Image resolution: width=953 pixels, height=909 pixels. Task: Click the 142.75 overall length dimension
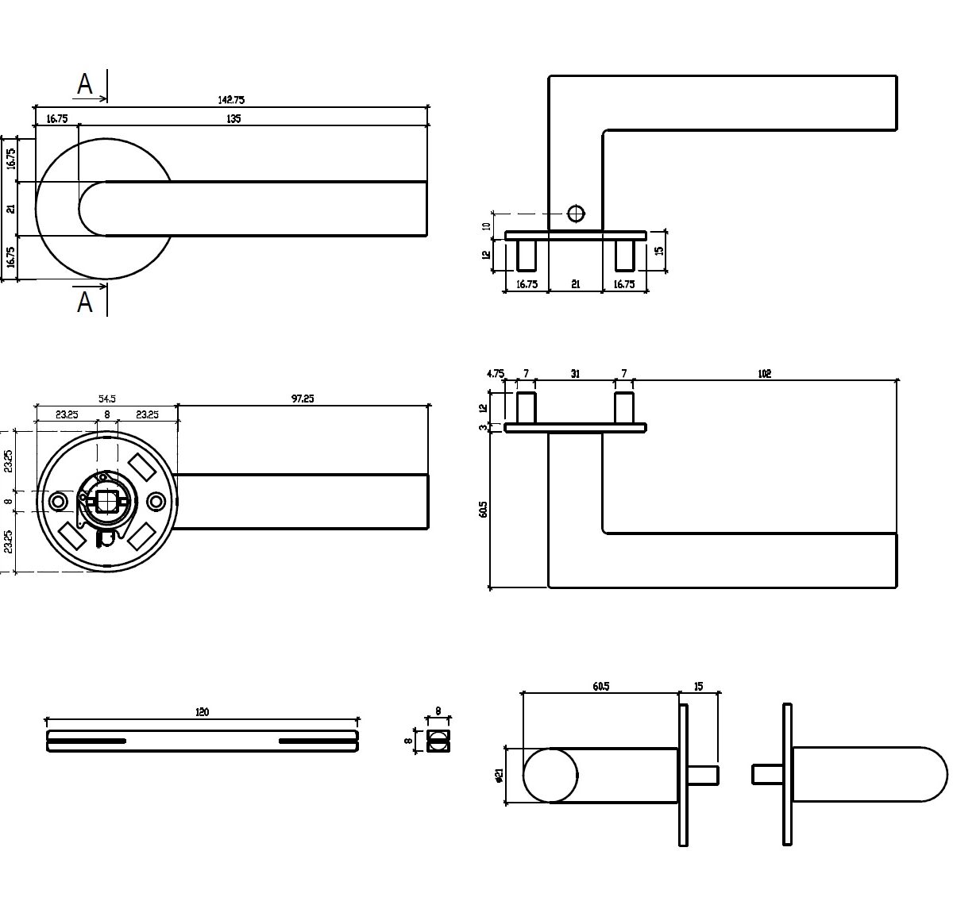point(231,100)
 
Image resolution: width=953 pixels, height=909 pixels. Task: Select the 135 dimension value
point(233,119)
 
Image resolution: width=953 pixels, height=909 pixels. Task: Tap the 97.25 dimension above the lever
point(303,399)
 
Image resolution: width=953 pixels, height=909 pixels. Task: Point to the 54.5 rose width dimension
point(106,399)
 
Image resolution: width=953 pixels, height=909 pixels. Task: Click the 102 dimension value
point(764,374)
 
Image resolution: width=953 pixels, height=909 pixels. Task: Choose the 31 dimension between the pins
point(575,374)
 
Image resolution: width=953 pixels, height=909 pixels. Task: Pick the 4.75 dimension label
point(496,373)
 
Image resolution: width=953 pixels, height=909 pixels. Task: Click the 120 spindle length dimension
point(202,713)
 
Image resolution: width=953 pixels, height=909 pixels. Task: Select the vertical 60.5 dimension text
point(484,509)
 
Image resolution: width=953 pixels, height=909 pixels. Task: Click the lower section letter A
point(85,302)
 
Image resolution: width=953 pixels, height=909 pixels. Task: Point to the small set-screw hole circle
point(576,214)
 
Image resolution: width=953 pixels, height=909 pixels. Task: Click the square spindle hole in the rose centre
point(106,502)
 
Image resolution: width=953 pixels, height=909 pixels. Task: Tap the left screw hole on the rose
point(58,502)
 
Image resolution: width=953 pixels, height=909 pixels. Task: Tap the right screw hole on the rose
point(156,502)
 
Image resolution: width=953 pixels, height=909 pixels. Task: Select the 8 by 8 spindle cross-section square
point(437,741)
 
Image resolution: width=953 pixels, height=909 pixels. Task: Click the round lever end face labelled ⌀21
point(551,776)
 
